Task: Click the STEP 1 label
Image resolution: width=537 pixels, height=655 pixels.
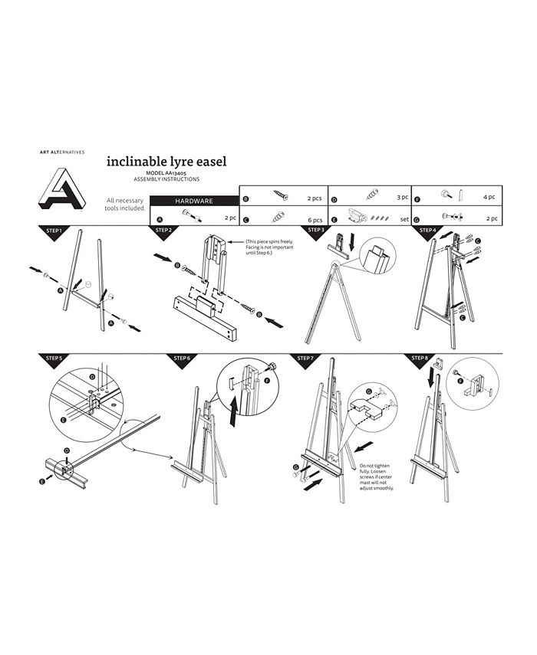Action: (54, 230)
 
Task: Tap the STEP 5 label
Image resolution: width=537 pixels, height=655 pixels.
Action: (54, 358)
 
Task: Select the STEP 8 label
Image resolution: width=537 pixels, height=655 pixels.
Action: (420, 358)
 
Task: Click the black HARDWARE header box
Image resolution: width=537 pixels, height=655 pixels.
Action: (194, 201)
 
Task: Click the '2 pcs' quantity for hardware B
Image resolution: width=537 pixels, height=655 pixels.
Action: (313, 198)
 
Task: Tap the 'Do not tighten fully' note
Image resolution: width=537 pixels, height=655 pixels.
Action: (376, 477)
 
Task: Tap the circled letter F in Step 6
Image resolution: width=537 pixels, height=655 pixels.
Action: (267, 380)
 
